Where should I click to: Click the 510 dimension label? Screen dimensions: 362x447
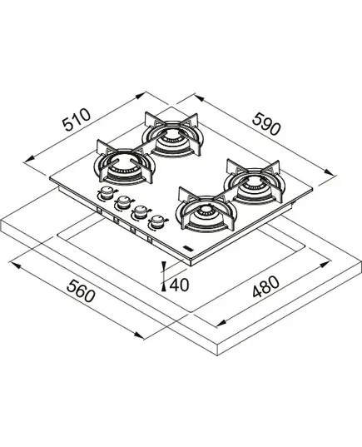click(x=77, y=119)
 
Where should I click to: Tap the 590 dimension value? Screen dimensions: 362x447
click(x=266, y=124)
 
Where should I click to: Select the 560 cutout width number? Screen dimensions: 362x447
click(x=81, y=291)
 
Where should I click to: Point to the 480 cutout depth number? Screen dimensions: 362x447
click(x=265, y=286)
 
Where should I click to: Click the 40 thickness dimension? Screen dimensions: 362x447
click(x=179, y=285)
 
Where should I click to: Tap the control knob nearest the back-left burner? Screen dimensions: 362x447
click(x=107, y=193)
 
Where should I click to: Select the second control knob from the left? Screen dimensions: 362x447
click(x=123, y=202)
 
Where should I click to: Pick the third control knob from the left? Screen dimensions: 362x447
click(x=139, y=211)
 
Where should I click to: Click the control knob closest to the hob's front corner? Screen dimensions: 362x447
click(x=156, y=221)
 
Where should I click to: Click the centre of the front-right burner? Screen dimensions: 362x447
click(x=206, y=212)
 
